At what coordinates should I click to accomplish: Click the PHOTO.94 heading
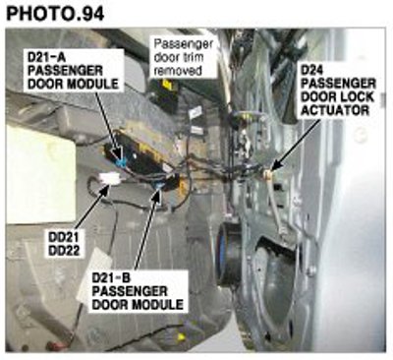coord(55,14)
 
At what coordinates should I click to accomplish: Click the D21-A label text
coord(47,57)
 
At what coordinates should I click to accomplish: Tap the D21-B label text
coord(111,278)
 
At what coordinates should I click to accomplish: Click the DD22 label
coord(64,251)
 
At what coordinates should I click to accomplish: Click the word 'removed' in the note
coord(178,71)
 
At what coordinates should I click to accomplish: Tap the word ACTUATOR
coord(335,110)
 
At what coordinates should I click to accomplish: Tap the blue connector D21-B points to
coord(159,187)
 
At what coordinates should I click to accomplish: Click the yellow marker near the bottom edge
coord(180,336)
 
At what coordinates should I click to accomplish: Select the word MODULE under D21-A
coord(92,84)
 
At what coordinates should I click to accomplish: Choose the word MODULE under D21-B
coord(157,305)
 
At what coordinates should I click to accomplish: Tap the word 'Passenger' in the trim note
coord(184,43)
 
